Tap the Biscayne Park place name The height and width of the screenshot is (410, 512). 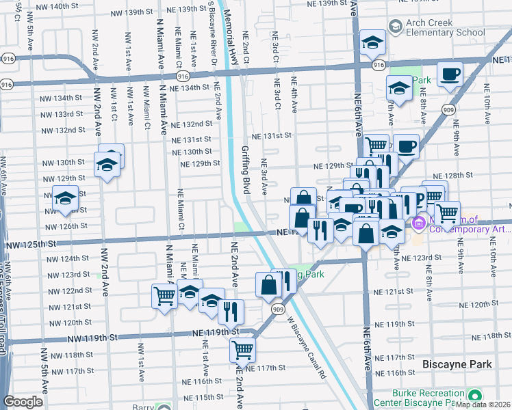click(457, 366)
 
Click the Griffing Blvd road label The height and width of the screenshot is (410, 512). click(245, 161)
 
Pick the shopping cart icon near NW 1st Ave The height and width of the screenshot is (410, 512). click(165, 297)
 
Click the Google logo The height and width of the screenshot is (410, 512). click(23, 402)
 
